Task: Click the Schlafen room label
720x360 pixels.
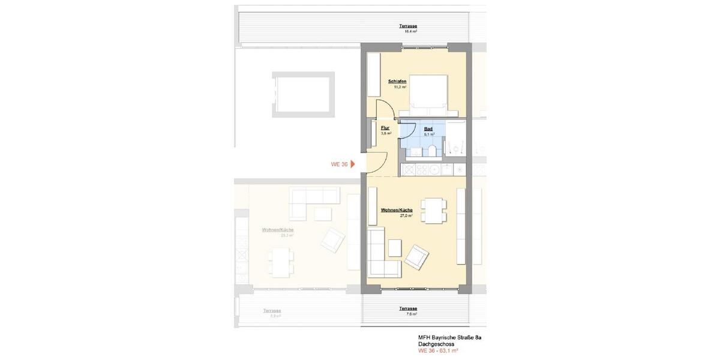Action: [x=397, y=82]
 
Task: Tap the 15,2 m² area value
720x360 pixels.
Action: [x=400, y=87]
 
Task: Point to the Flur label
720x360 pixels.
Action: [x=385, y=128]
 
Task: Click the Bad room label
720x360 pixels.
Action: [x=428, y=129]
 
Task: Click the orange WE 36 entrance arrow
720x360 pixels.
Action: [x=353, y=164]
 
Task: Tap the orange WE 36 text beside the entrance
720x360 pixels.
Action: [x=339, y=164]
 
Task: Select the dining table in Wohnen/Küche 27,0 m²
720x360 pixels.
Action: [x=433, y=210]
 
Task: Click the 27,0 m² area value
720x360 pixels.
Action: [x=406, y=215]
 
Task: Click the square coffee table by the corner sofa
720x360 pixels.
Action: [x=394, y=248]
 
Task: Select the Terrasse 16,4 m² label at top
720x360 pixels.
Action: [x=408, y=26]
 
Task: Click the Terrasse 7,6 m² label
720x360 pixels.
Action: [x=408, y=309]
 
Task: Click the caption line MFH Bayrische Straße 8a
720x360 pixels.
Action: [x=449, y=338]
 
